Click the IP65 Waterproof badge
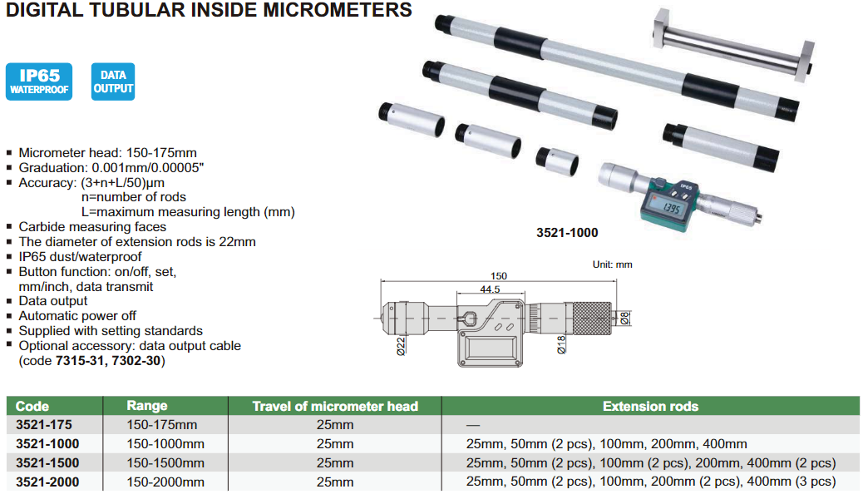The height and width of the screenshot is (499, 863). (x=39, y=82)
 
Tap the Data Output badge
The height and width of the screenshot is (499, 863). (x=113, y=82)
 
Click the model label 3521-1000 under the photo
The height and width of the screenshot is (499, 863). (x=567, y=233)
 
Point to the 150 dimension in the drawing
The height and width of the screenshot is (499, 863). (x=499, y=275)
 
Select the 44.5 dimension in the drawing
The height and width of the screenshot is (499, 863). (x=490, y=289)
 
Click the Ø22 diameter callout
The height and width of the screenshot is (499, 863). (x=401, y=346)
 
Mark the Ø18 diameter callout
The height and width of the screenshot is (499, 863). (x=561, y=345)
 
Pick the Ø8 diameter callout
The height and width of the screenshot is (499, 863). (x=624, y=319)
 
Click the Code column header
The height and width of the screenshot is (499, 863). (x=32, y=407)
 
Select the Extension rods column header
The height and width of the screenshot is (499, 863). (x=650, y=407)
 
